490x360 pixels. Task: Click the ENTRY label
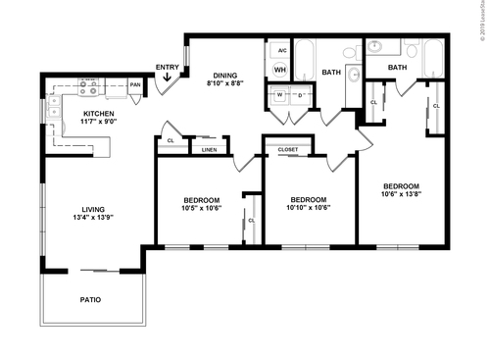[168, 67]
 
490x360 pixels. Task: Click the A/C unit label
[279, 50]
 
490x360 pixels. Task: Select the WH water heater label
[279, 70]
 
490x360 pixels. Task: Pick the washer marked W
[279, 94]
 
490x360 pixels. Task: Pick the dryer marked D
[299, 94]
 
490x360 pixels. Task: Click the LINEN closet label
[209, 150]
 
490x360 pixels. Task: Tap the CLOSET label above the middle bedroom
[288, 150]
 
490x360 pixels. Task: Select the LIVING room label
[93, 208]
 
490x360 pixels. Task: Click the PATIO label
[91, 299]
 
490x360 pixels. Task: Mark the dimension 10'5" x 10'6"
[202, 207]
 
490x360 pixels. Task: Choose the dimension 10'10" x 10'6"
[308, 207]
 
